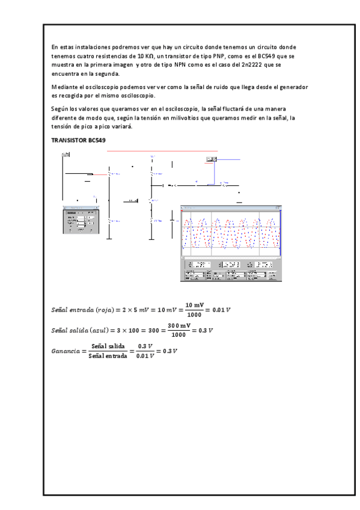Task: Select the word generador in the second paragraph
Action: pyautogui.click(x=293, y=87)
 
